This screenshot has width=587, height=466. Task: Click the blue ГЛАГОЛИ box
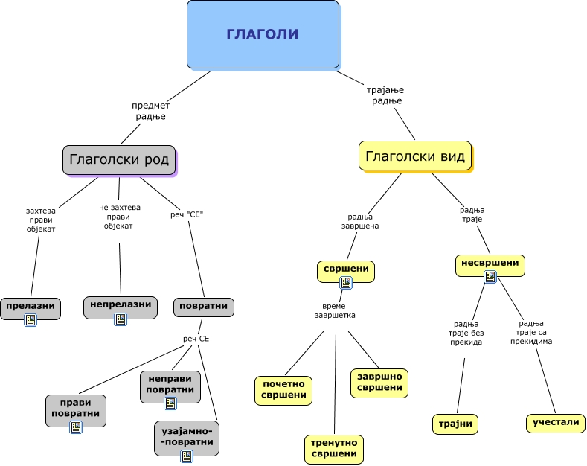263,34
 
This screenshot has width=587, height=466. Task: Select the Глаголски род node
119,160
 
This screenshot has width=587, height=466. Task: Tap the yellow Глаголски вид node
415,156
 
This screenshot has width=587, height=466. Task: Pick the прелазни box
31,309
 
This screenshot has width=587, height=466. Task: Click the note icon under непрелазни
121,319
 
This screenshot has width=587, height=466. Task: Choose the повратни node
204,307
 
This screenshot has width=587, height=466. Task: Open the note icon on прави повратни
76,427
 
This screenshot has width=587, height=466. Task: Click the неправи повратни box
170,386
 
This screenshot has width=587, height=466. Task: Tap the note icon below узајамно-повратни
187,456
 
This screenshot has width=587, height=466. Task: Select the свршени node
346,271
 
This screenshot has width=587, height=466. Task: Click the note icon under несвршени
490,277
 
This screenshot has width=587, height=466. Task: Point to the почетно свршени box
283,390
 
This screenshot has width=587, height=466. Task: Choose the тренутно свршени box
334,449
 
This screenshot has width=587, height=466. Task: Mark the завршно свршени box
379,383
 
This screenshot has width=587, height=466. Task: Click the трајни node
455,424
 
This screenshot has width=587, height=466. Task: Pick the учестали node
556,423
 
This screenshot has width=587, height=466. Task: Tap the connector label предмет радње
150,111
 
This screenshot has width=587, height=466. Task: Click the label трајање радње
385,95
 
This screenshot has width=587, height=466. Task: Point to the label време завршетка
335,310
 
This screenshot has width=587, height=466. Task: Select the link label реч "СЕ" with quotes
187,214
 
